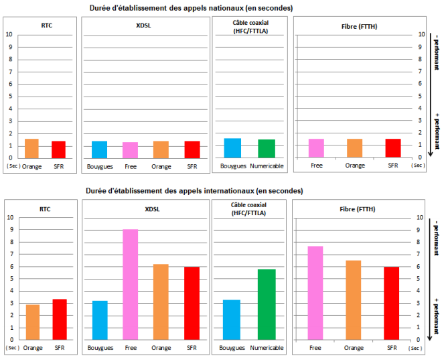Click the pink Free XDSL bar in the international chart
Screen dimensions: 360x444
click(131, 284)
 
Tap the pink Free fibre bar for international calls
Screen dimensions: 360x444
click(316, 292)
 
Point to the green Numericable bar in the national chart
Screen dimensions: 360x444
click(267, 148)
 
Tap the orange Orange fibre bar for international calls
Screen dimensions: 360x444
click(355, 299)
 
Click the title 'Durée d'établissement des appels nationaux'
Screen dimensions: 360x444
click(191, 8)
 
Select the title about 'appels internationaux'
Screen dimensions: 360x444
click(194, 191)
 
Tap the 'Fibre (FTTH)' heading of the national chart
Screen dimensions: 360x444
click(354, 27)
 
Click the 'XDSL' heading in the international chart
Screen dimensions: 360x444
click(145, 209)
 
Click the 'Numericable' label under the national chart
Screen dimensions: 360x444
click(267, 165)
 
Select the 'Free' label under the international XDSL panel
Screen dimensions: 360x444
click(131, 348)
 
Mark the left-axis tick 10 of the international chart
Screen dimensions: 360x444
click(9, 217)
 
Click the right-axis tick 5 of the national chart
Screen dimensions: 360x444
click(421, 96)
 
